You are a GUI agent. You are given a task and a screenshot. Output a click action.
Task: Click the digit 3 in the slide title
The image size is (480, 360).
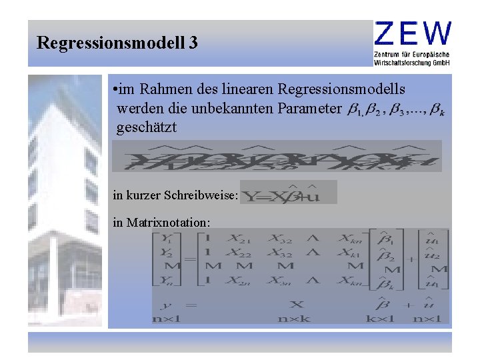(x=193, y=44)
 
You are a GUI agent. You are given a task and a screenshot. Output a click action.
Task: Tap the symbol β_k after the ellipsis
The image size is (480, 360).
(x=437, y=111)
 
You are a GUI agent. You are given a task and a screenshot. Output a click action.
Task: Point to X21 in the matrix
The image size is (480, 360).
(x=239, y=238)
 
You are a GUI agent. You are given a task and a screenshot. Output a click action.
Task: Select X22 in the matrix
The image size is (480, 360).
(x=239, y=253)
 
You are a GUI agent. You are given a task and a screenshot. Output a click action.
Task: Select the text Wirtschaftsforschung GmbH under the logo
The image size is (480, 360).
(x=412, y=62)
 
